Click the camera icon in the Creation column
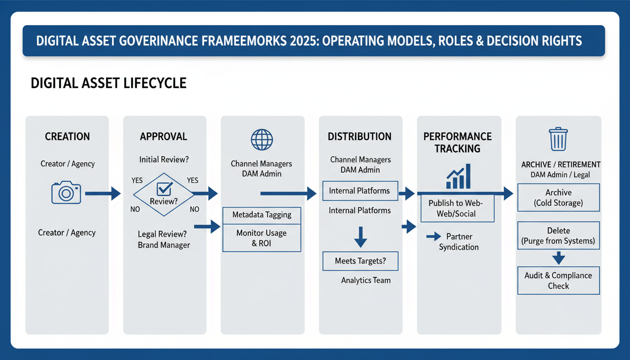point(66,193)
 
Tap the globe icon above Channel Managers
point(261,140)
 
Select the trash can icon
point(558,139)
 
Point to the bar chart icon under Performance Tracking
point(458,177)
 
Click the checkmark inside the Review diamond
point(164,188)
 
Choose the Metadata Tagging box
point(262,215)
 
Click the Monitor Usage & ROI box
point(262,238)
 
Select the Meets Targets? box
point(360,261)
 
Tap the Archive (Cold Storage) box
point(558,197)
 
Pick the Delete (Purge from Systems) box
point(558,236)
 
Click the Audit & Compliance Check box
point(558,280)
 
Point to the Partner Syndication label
point(458,241)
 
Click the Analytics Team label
point(366,280)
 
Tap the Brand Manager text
point(164,245)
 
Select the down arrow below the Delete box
point(558,258)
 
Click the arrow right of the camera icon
point(103,193)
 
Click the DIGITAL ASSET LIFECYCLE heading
point(108,83)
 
